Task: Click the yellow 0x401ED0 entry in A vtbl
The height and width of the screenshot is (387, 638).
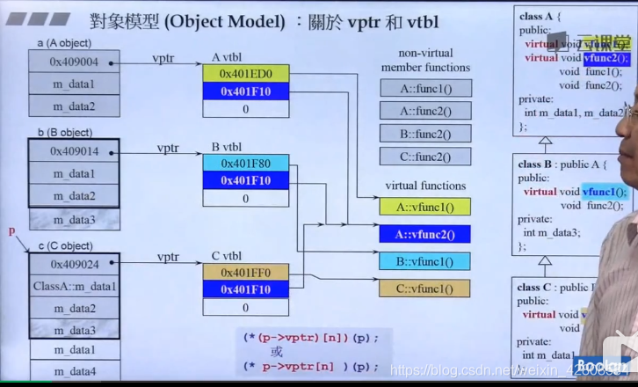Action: [245, 73]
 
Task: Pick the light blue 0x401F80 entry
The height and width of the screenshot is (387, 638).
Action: [245, 163]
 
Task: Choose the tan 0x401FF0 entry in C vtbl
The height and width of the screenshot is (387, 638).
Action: [245, 272]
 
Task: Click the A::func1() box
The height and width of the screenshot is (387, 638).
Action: [425, 88]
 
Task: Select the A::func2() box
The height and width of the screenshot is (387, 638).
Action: [425, 111]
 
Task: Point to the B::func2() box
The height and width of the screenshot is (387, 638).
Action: [425, 134]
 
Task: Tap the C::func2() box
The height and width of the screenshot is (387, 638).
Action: [425, 157]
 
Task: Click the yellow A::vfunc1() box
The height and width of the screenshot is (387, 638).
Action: [425, 207]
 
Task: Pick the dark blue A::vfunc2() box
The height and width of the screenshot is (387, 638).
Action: [425, 234]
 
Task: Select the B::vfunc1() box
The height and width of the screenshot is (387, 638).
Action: [425, 261]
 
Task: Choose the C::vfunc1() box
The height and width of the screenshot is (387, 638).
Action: [425, 288]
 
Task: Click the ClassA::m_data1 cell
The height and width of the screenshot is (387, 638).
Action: [74, 286]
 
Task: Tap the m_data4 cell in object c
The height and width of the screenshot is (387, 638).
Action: [74, 371]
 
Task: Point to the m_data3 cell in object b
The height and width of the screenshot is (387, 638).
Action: [74, 219]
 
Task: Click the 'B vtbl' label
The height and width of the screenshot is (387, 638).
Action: [228, 146]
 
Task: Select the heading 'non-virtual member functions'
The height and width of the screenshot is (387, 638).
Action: [427, 60]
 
